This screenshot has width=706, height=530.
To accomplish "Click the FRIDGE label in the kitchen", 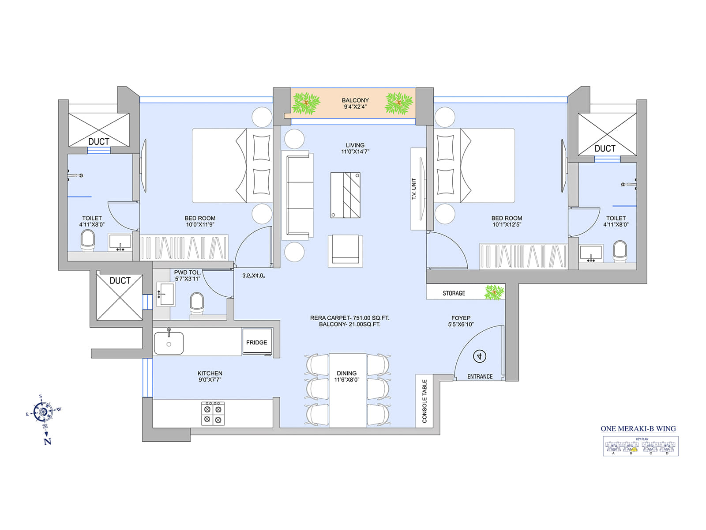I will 256,342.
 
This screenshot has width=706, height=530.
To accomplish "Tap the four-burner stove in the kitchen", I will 213,414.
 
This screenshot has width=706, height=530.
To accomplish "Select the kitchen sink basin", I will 169,343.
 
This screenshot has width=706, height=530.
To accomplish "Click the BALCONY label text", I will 355,100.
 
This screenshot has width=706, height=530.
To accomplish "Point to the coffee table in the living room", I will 345,195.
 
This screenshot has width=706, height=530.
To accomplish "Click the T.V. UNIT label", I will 414,189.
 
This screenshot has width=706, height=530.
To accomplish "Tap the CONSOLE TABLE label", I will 424,401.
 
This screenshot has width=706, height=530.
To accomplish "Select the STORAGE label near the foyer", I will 454,293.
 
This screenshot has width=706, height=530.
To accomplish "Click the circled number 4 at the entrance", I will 480,356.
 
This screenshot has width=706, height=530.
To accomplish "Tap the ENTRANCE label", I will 480,377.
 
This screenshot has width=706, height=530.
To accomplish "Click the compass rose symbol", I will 43,412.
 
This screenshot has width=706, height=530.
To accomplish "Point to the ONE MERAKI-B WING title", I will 638,428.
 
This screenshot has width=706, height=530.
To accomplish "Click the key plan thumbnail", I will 640,446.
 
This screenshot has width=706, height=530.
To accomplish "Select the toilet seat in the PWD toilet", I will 197,303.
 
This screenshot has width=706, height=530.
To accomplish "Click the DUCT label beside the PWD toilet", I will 120,280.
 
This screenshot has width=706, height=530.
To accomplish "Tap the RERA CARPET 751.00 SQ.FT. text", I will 349,318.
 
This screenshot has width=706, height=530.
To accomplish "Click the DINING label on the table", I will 346,373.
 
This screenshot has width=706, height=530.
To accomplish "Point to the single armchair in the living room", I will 345,250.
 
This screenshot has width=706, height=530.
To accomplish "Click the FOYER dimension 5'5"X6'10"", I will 461,324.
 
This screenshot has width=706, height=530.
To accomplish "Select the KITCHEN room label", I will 210,373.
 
